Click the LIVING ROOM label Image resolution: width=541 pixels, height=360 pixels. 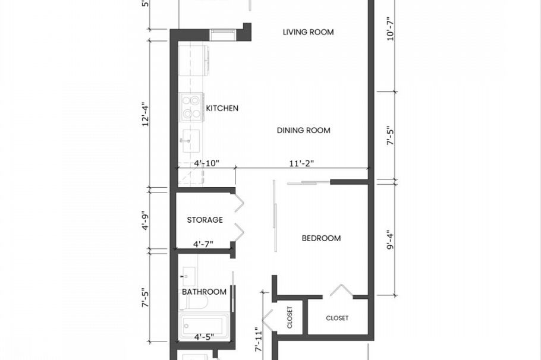308,32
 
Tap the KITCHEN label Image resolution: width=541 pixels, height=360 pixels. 222,108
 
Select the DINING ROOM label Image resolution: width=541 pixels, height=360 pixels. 303,130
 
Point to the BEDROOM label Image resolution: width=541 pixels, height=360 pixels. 321,238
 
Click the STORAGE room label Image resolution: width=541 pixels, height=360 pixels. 205,220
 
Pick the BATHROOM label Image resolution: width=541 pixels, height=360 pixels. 204,292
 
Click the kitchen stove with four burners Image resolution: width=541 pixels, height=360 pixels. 192,108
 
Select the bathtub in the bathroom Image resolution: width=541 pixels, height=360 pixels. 202,326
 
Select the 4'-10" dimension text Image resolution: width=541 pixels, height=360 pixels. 206,163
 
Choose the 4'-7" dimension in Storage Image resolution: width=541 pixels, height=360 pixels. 203,244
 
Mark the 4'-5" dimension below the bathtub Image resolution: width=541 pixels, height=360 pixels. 204,337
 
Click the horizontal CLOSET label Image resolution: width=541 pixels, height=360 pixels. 337,318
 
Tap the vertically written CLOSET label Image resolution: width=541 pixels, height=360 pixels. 290,317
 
